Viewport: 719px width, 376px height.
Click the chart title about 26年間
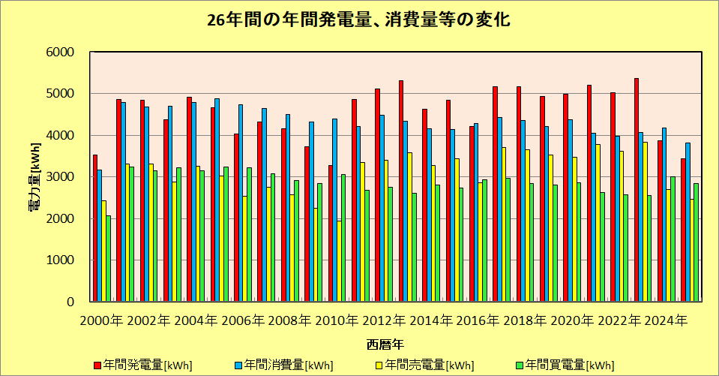(358, 20)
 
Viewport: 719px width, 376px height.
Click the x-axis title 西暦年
(386, 345)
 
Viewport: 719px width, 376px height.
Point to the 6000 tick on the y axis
(66, 53)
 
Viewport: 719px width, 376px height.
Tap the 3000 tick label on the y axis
(66, 177)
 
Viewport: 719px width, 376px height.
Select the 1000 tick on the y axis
(66, 260)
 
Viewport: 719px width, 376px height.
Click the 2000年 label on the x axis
(102, 321)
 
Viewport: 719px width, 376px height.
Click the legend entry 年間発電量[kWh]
(143, 365)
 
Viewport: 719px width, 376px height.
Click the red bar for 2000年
(95, 228)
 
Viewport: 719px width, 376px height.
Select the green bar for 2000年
(109, 259)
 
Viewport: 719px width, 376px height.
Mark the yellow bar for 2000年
(104, 251)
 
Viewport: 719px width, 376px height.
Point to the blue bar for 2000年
(100, 236)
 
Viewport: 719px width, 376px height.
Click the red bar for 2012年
(377, 195)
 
